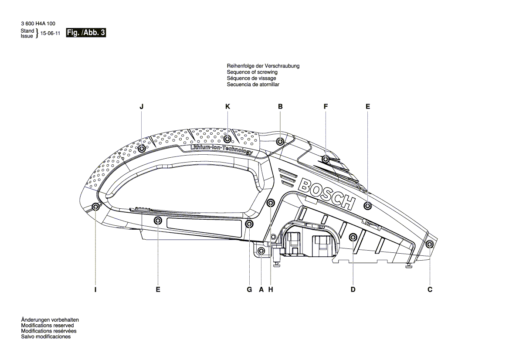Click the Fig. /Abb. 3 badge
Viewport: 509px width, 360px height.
(86, 33)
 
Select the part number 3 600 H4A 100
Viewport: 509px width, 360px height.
(38, 24)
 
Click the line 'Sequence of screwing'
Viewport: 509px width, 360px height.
(252, 72)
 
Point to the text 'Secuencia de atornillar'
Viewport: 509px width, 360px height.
(253, 84)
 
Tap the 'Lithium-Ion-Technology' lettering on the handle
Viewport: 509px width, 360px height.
(221, 149)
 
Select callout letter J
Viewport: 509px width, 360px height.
(142, 106)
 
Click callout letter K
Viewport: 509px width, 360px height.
(227, 106)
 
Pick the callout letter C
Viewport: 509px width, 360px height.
(430, 289)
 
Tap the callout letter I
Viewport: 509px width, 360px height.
(95, 289)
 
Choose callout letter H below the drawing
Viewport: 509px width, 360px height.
(270, 289)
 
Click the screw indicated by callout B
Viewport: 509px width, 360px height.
(280, 141)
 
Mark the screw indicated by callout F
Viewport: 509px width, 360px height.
(326, 159)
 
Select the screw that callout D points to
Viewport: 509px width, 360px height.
(353, 237)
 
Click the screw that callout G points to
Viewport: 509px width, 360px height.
(249, 224)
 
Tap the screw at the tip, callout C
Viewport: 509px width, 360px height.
(430, 244)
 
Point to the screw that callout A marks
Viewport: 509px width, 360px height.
(261, 251)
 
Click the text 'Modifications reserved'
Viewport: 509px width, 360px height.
(48, 325)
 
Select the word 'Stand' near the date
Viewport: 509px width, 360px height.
(27, 31)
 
